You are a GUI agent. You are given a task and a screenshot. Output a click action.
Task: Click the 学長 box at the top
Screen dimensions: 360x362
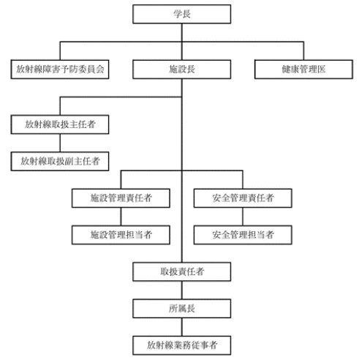(181, 14)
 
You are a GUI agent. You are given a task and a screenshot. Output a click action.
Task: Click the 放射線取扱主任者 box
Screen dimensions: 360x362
(60, 124)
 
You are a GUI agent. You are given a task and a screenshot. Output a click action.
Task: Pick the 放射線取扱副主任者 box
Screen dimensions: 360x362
(60, 160)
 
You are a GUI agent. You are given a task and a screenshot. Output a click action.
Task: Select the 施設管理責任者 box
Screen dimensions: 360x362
(121, 198)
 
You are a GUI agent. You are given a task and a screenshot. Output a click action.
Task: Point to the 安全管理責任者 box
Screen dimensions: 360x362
(242, 198)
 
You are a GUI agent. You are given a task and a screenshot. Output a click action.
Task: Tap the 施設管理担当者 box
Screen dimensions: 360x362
(121, 235)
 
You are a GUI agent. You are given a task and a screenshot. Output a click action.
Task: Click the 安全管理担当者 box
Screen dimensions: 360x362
(242, 235)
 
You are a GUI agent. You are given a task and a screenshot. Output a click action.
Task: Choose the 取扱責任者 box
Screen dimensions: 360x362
(181, 271)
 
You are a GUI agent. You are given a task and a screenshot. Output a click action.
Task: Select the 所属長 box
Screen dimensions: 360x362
(181, 307)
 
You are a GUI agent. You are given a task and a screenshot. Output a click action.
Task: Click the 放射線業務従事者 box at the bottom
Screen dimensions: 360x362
(181, 343)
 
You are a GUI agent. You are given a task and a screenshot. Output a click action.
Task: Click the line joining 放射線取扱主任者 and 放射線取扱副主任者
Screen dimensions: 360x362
(60, 142)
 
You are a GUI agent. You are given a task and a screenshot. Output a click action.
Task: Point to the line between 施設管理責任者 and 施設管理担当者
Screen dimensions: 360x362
(121, 217)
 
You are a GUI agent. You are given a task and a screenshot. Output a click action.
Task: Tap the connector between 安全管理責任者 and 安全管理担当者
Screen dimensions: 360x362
(242, 217)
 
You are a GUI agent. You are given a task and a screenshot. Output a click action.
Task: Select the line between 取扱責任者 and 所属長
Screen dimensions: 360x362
(181, 289)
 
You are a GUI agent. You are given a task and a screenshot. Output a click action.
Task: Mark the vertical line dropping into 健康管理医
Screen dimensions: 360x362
(302, 51)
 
